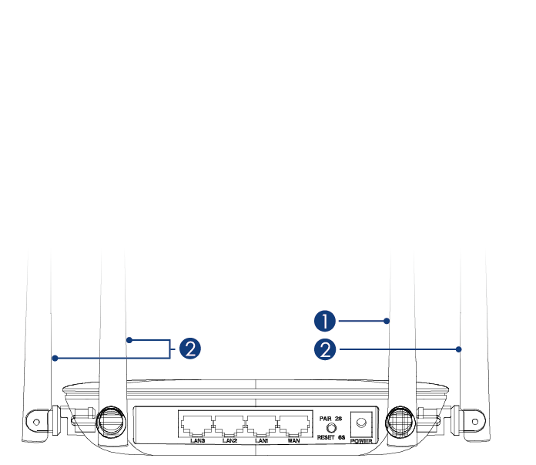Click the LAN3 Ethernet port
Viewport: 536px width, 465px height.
tap(197, 426)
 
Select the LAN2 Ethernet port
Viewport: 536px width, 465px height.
tap(229, 426)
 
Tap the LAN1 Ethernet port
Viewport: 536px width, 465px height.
tap(262, 426)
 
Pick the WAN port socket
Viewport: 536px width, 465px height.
tap(294, 426)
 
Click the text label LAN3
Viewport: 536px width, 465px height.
tap(198, 440)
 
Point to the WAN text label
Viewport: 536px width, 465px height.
tap(293, 440)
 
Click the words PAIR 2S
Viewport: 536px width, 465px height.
tap(330, 419)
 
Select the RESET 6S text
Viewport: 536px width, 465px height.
tap(331, 437)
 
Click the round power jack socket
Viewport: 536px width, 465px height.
tap(361, 423)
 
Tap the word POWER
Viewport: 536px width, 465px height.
tap(361, 441)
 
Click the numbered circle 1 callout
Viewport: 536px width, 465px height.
tap(325, 321)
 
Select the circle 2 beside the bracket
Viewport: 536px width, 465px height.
tap(190, 349)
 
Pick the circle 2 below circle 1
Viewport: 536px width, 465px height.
tap(325, 349)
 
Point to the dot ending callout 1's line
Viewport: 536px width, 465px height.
tap(387, 321)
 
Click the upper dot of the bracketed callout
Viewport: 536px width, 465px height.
tap(129, 340)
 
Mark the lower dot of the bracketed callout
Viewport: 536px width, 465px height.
tap(55, 358)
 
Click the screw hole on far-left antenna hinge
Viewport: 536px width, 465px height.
tap(36, 422)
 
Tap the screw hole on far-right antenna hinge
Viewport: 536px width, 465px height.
tap(475, 422)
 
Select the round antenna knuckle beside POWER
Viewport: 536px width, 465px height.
tap(400, 421)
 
